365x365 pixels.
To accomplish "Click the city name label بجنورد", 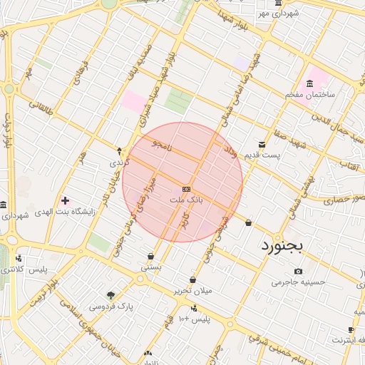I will coord(277,246).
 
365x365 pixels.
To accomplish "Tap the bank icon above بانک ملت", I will coord(186,189).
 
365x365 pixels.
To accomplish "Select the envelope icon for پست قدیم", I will coord(262,145).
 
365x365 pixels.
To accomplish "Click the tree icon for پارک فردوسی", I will coord(110,294).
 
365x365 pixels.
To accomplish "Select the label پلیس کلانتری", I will coord(24,270).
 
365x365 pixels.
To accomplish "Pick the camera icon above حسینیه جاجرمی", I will coord(298,271).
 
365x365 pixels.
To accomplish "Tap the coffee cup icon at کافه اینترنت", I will coord(351,329).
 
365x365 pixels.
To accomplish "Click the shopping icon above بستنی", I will coord(150,257).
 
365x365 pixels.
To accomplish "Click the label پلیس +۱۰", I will coord(193,319).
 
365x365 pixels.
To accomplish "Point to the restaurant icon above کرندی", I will coord(119,151).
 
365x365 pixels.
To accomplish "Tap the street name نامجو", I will coord(161,148).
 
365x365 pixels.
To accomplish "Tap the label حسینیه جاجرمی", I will coord(298,282).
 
